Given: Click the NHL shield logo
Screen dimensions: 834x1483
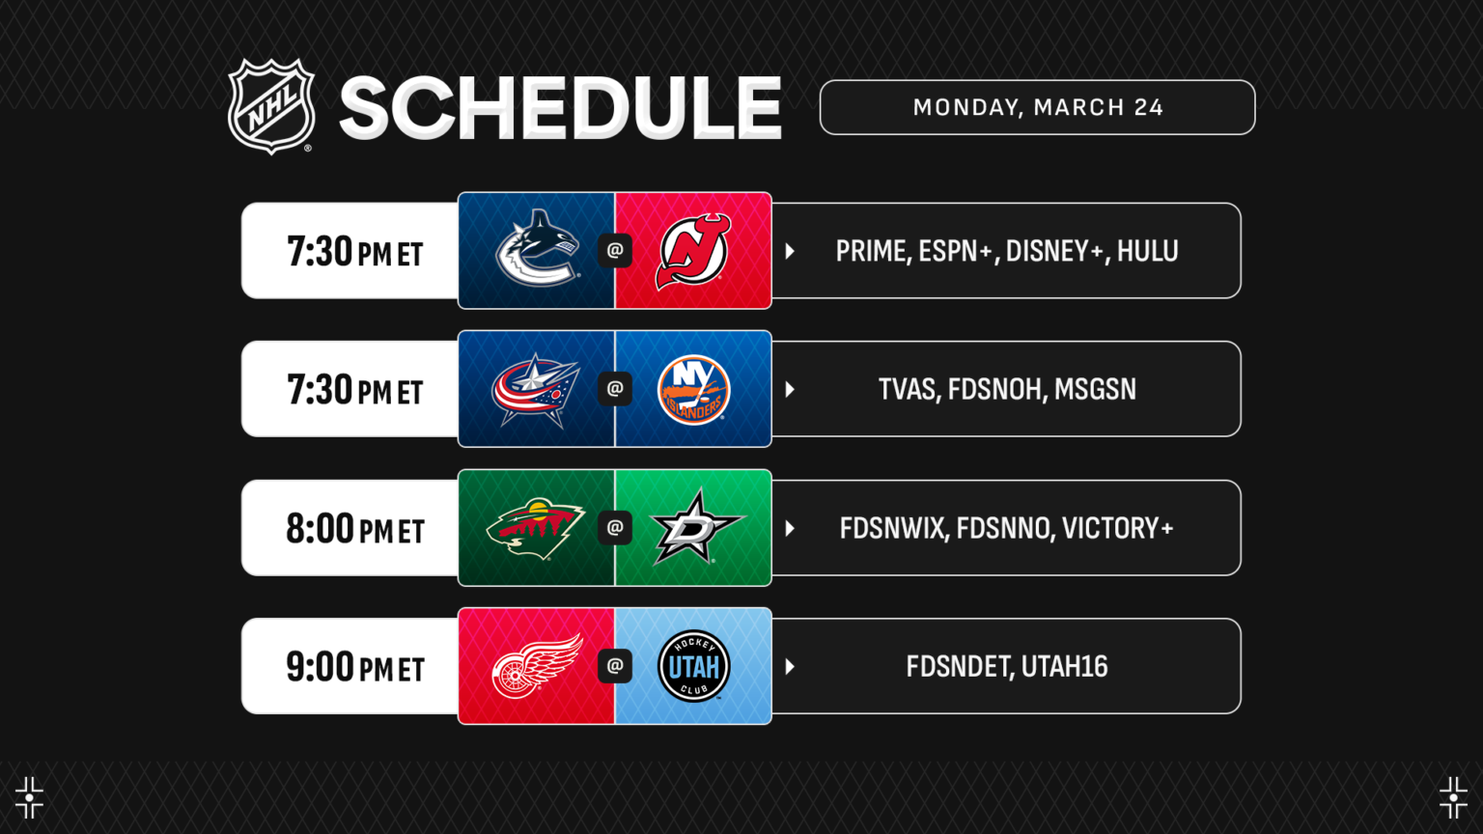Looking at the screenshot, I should click(271, 106).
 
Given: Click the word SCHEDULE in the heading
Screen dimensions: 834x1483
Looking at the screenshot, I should click(560, 108).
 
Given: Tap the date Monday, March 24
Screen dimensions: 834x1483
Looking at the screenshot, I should click(1038, 107).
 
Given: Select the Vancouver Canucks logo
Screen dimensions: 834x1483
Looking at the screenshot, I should click(537, 249).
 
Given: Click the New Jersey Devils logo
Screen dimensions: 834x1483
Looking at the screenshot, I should click(693, 251).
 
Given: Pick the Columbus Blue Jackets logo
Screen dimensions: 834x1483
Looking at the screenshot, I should click(536, 389).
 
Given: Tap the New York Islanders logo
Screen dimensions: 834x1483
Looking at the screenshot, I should click(693, 389).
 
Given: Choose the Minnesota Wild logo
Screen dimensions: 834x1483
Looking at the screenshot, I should click(536, 527).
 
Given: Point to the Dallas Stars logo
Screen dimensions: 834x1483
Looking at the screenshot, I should click(695, 527).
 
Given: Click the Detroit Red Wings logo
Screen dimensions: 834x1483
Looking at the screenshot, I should click(537, 666).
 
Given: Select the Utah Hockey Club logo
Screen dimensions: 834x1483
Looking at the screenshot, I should click(693, 666).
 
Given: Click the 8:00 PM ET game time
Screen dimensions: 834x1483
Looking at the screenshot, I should click(355, 529).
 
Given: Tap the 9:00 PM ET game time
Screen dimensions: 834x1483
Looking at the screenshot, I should click(355, 667).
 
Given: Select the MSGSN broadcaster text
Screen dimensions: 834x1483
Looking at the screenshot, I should click(1095, 389).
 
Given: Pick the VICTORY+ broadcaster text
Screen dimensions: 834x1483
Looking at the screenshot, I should click(1117, 528).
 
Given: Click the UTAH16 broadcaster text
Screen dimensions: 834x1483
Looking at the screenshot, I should click(1064, 666).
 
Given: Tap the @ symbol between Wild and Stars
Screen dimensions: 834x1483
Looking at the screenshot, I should click(615, 527).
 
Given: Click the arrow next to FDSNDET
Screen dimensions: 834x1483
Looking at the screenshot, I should click(790, 666).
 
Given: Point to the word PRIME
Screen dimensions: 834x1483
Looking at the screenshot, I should click(871, 251).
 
